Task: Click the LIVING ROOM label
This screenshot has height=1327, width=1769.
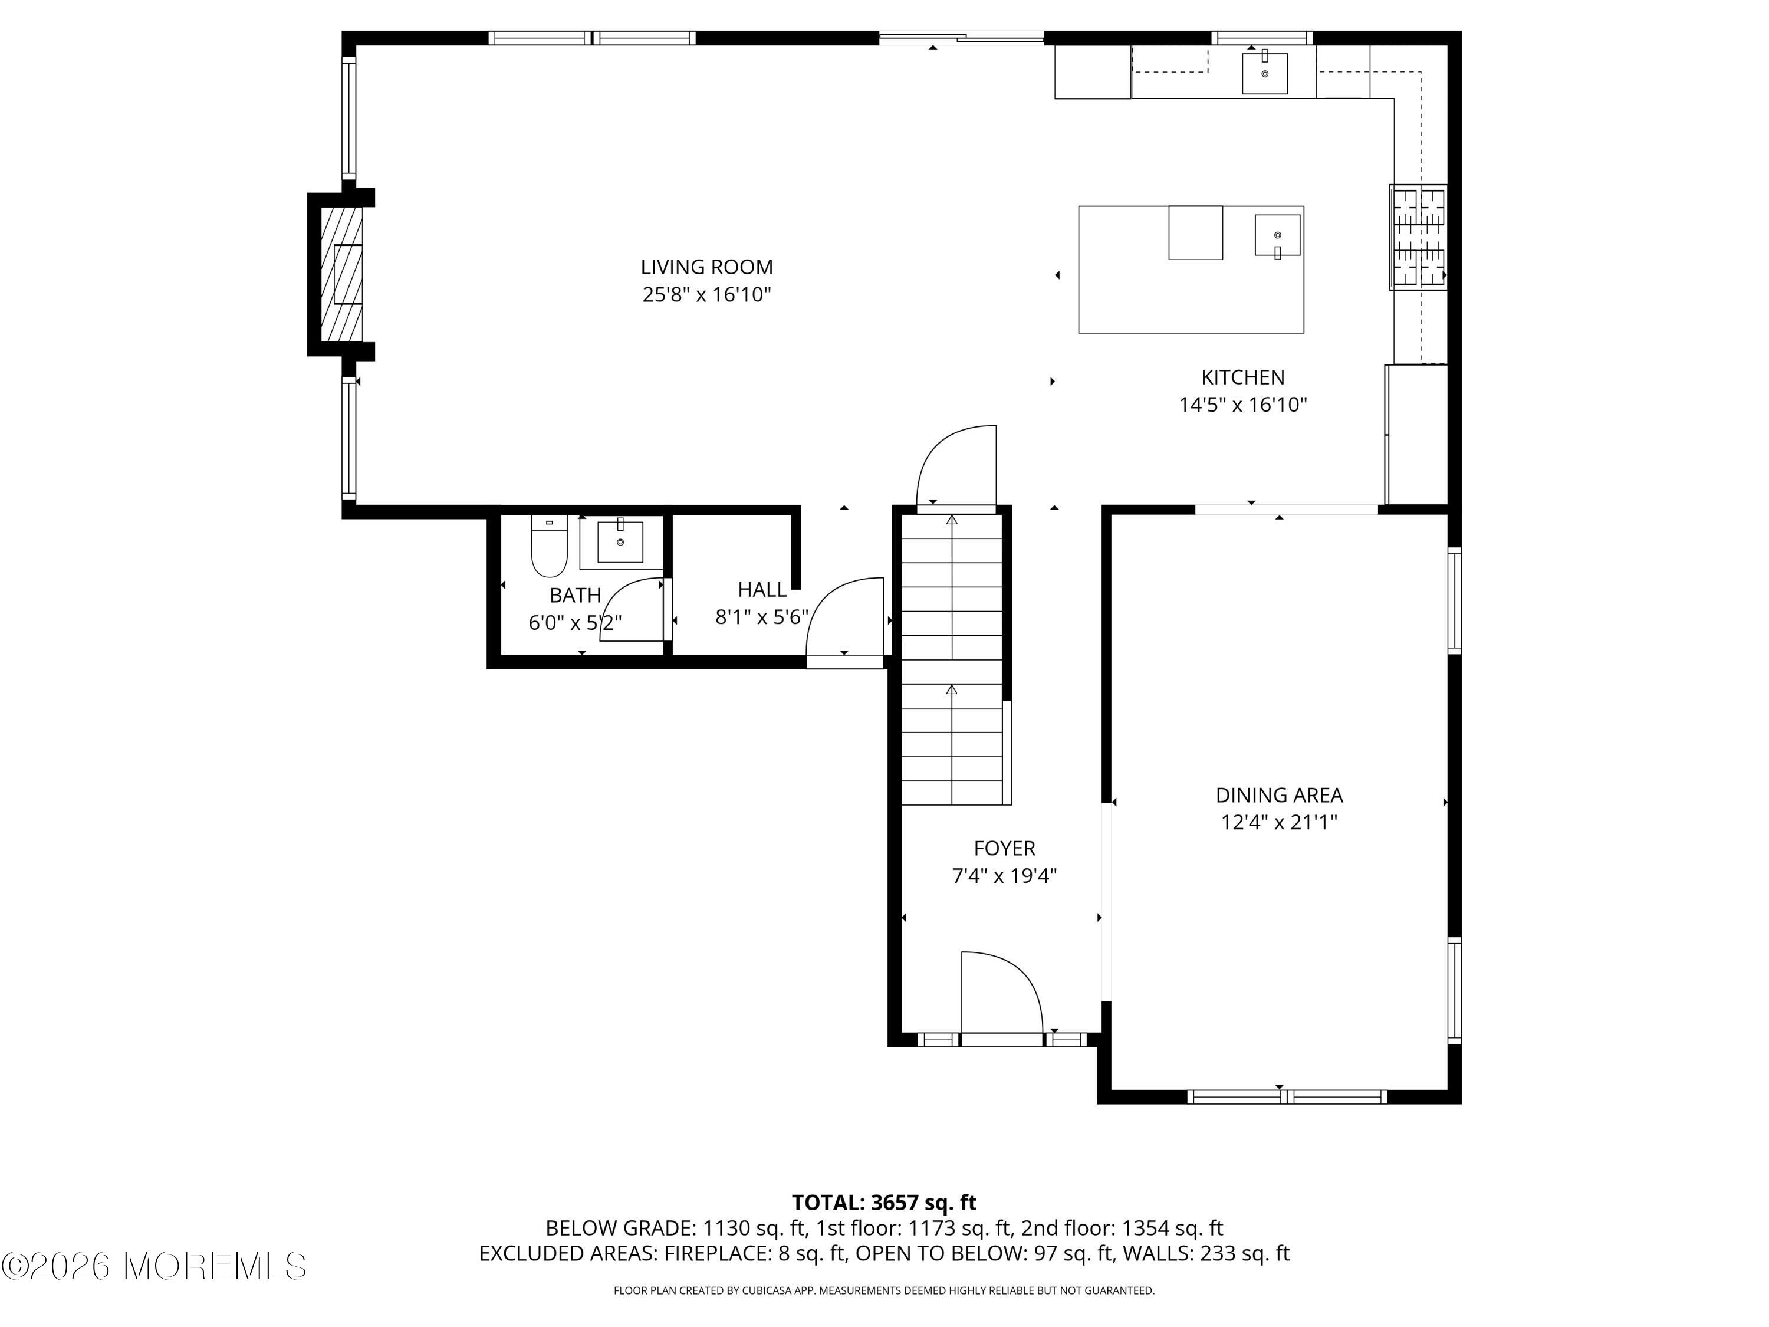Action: (706, 267)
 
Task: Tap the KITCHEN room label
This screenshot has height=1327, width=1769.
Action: (1243, 377)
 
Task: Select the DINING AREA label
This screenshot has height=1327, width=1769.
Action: (1279, 795)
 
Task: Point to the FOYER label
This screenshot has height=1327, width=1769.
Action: (1004, 848)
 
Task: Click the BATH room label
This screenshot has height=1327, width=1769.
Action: (575, 595)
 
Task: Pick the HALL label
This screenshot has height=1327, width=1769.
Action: (762, 590)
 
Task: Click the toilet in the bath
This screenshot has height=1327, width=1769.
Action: (550, 546)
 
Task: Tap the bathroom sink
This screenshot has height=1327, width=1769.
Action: (620, 541)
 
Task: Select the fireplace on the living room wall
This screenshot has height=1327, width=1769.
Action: (341, 274)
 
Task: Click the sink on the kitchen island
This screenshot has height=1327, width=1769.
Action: (1277, 236)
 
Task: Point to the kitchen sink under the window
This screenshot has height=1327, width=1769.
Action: (1264, 73)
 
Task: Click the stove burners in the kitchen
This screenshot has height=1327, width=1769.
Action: (1418, 237)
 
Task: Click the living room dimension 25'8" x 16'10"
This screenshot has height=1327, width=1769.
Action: (706, 295)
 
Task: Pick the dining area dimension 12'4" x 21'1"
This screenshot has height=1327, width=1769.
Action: (1279, 822)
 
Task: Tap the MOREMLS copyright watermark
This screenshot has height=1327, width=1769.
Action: (153, 1266)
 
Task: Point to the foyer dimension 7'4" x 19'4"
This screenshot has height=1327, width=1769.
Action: (1004, 876)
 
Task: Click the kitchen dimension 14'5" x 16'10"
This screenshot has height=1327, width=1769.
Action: (1243, 405)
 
